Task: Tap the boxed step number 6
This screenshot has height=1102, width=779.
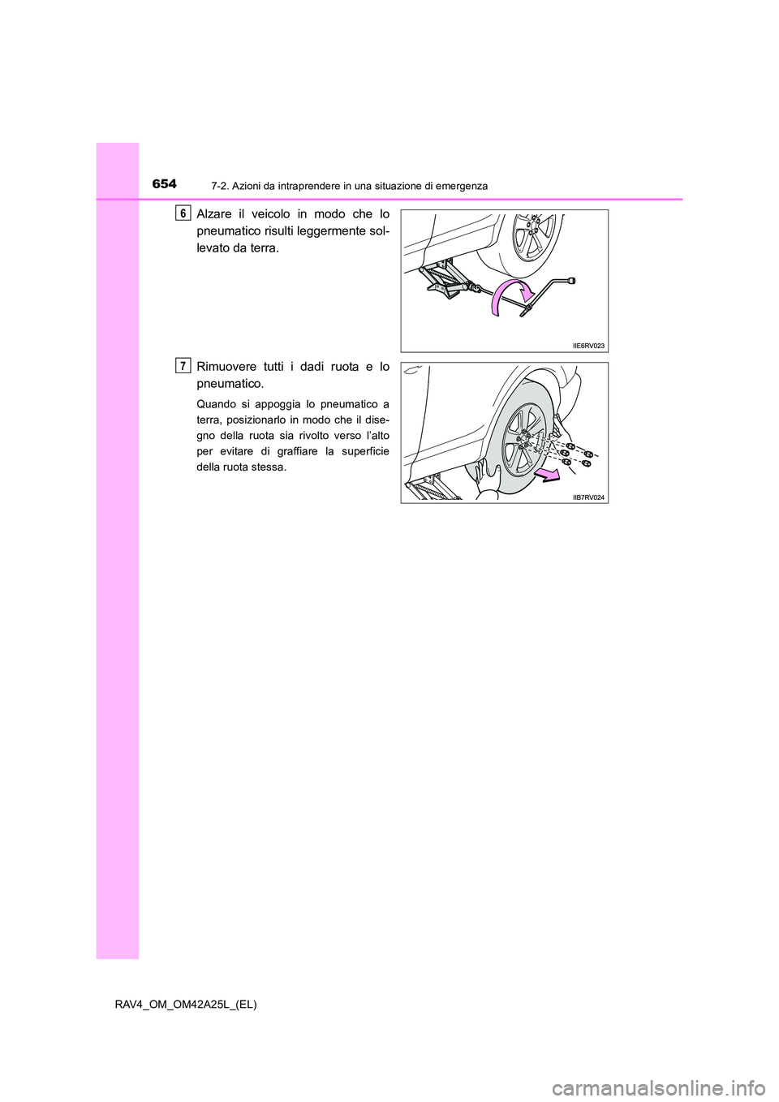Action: click(x=184, y=213)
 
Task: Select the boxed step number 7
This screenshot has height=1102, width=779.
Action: click(x=184, y=366)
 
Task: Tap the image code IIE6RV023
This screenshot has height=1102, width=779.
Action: click(x=588, y=346)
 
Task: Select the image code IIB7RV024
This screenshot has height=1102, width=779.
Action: click(x=588, y=497)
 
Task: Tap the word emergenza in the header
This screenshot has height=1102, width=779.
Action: click(x=459, y=186)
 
